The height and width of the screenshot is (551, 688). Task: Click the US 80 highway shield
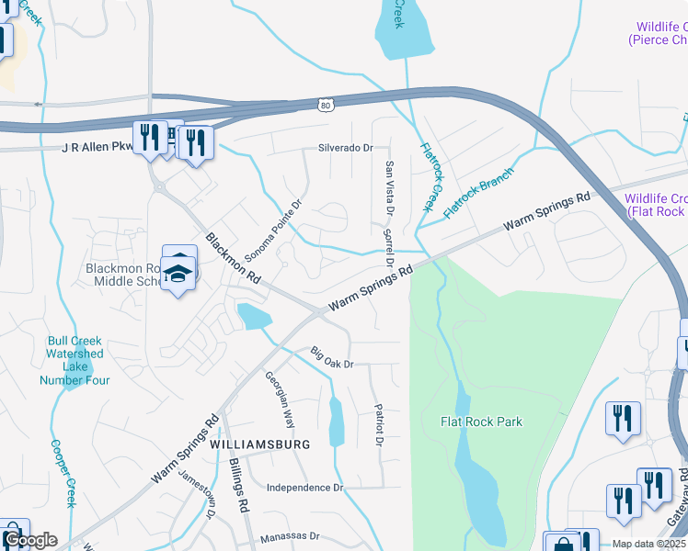click(327, 106)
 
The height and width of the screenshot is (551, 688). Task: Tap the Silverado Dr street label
click(345, 147)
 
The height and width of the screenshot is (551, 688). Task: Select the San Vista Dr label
click(389, 187)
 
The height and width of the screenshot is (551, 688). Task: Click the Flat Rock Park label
click(482, 422)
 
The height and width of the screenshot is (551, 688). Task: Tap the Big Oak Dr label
click(332, 357)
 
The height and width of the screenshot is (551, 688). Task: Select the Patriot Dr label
click(378, 423)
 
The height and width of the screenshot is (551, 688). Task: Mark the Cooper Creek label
click(63, 473)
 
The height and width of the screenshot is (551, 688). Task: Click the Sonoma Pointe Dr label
click(285, 228)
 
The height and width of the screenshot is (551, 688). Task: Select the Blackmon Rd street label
click(234, 256)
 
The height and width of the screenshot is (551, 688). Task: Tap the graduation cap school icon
click(178, 274)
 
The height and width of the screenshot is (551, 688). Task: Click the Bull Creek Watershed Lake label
click(75, 360)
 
